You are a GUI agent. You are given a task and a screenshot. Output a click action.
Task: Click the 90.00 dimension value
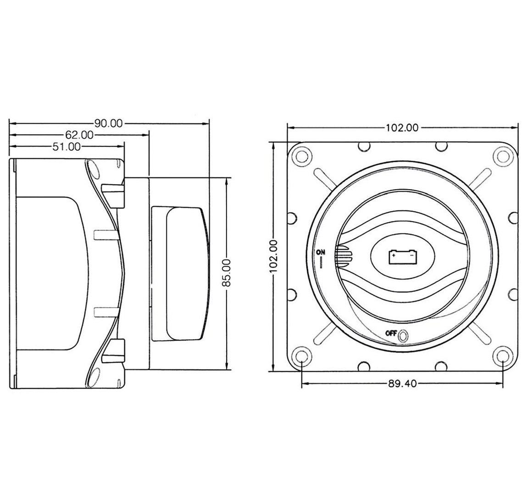(x=108, y=123)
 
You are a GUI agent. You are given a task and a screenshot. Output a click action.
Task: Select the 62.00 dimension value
(x=79, y=135)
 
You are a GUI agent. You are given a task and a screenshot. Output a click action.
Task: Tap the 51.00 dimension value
(x=67, y=147)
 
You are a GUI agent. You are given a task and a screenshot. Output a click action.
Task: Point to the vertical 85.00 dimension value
(x=226, y=273)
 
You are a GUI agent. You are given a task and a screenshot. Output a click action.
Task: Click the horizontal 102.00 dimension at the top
(x=402, y=128)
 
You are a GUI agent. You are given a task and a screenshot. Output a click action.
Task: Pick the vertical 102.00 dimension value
(x=273, y=256)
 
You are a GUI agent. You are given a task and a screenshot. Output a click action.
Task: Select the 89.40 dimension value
(x=402, y=384)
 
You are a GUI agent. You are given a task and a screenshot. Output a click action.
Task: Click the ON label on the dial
(x=321, y=252)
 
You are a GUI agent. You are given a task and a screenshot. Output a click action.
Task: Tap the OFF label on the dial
(x=391, y=333)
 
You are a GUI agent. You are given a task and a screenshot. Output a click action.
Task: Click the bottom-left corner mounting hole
(x=302, y=357)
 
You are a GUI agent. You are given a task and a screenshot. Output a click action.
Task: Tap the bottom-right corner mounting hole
(x=502, y=357)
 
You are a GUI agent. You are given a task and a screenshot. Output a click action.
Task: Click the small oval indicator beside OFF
(x=403, y=336)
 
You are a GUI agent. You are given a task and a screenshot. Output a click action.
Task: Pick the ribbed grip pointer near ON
(x=344, y=256)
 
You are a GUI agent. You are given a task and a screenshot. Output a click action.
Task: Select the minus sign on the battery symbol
(x=411, y=254)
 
